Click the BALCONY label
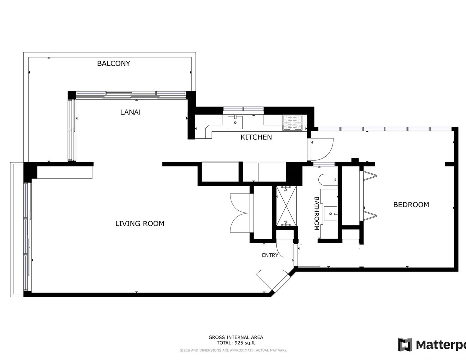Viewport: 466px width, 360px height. pos(113,64)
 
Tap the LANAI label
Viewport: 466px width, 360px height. pos(130,112)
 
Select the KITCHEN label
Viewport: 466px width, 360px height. pos(256,137)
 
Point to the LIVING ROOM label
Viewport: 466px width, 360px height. pos(140,223)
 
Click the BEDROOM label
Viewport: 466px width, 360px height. pos(411,205)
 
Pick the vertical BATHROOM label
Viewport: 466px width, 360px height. pos(317,214)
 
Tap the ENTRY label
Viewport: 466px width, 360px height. pos(270,255)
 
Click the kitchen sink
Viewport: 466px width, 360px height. pos(235,122)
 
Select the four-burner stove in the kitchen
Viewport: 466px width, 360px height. pos(292,123)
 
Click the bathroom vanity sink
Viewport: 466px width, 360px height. pos(330,214)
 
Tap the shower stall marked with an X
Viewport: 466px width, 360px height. pos(286,206)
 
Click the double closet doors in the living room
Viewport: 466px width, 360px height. pos(240,213)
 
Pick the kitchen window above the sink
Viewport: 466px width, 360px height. pos(243,109)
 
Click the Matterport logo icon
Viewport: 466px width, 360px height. pos(405,345)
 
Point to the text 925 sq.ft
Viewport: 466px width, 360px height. pos(245,343)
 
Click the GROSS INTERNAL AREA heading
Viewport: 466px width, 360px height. pos(236,337)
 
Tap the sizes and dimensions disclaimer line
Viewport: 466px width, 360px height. pos(233,350)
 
